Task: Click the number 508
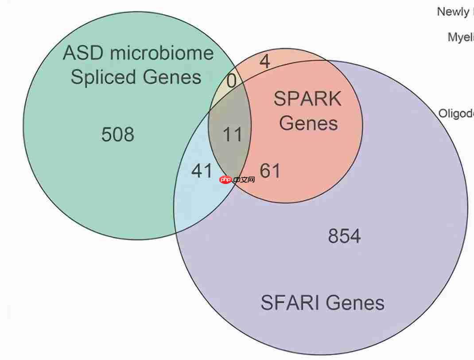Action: pos(117,134)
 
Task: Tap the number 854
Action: pos(344,236)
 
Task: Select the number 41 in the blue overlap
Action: pos(202,170)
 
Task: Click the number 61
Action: pos(270,170)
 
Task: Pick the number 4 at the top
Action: pos(264,62)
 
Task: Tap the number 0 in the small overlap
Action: pos(231,82)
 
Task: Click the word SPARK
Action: pos(307,99)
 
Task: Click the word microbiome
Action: pos(162,53)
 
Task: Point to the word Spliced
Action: pos(103,77)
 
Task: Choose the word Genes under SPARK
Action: pos(308,123)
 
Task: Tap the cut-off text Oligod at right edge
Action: pos(456,113)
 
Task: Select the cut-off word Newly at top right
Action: pos(453,12)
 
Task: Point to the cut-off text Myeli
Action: pos(461,37)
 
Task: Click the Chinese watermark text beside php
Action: pos(244,180)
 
